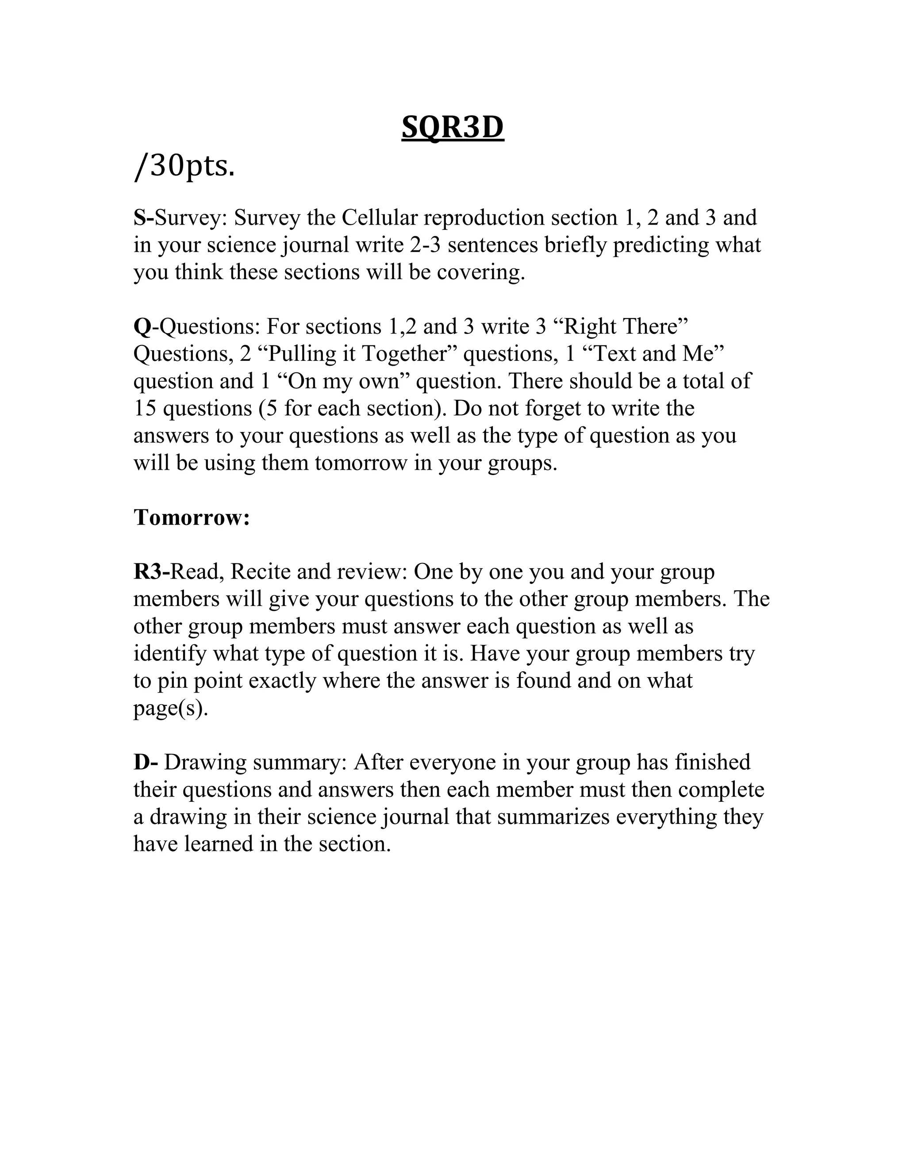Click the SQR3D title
tap(453, 128)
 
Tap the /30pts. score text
tap(184, 167)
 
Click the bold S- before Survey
tap(143, 218)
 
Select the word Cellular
tap(379, 218)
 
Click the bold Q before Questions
tap(142, 327)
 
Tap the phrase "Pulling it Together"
tap(357, 354)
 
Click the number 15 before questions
tap(144, 408)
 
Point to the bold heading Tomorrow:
tap(192, 517)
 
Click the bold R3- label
tap(151, 572)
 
